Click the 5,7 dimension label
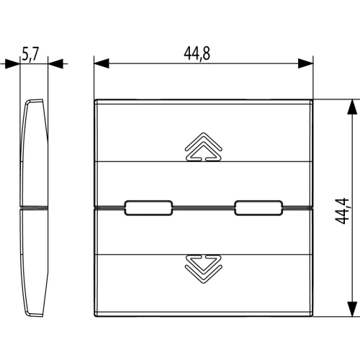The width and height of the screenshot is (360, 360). tap(30, 54)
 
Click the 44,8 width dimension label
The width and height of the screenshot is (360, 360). tap(197, 53)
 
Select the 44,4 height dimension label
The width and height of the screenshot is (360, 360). tap(342, 211)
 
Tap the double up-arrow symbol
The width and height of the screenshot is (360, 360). tap(204, 146)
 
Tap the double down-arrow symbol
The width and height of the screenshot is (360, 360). tap(204, 269)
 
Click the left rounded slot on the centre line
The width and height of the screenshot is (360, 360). tap(148, 208)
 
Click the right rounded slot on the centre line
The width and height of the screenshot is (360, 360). tap(258, 208)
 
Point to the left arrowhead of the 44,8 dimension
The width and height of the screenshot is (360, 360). tap(102, 63)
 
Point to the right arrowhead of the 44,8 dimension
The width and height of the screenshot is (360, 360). tap(305, 63)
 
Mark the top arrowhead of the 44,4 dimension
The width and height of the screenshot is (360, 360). tap(352, 107)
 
